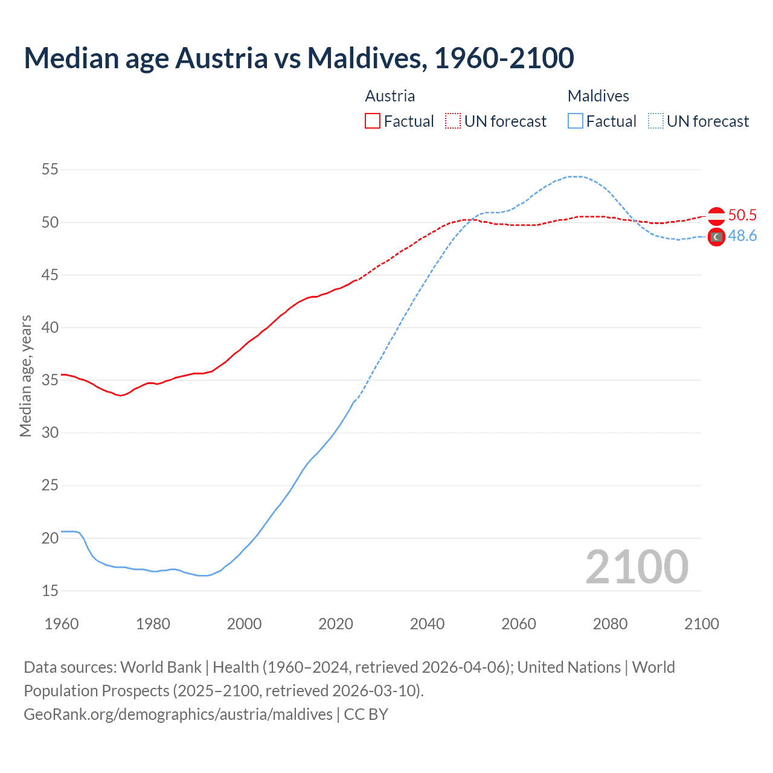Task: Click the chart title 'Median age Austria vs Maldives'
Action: pyautogui.click(x=298, y=58)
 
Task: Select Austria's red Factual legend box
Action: pyautogui.click(x=373, y=121)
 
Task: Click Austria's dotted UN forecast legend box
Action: pyautogui.click(x=453, y=121)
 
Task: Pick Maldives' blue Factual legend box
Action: pyautogui.click(x=576, y=121)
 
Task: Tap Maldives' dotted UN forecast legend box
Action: pyautogui.click(x=655, y=121)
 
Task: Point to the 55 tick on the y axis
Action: pyautogui.click(x=50, y=169)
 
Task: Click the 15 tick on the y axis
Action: pyautogui.click(x=50, y=591)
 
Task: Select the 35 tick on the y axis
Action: pyautogui.click(x=50, y=380)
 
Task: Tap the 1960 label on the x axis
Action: pyautogui.click(x=62, y=624)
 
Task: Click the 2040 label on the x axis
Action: pyautogui.click(x=427, y=624)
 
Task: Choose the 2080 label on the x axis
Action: pyautogui.click(x=610, y=624)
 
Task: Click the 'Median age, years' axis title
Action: pyautogui.click(x=25, y=376)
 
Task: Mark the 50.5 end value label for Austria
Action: pyautogui.click(x=742, y=216)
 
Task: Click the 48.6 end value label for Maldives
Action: pyautogui.click(x=742, y=236)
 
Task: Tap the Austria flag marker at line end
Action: pyautogui.click(x=716, y=216)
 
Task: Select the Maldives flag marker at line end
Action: pyautogui.click(x=716, y=237)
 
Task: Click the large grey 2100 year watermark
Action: pyautogui.click(x=637, y=566)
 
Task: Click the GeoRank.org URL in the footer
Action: pyautogui.click(x=178, y=714)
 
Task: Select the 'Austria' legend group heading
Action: pyautogui.click(x=390, y=96)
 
